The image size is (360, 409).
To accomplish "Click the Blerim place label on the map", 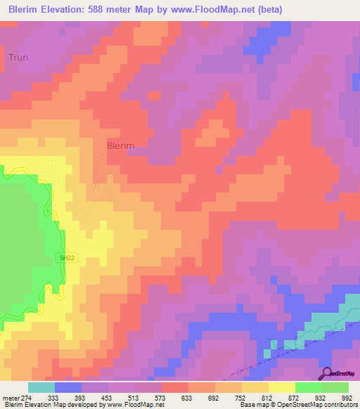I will [x=120, y=145].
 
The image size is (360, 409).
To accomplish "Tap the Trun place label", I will [x=18, y=57].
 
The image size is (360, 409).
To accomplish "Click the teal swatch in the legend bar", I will [x=41, y=387].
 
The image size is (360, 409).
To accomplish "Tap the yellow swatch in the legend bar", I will [x=282, y=387].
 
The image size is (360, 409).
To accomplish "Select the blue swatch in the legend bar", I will [x=68, y=387].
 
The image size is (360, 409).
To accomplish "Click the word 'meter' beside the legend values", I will [x=10, y=396].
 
